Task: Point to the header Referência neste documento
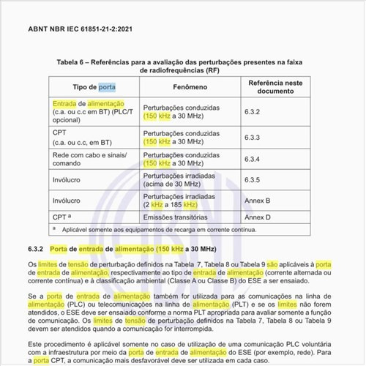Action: point(274,87)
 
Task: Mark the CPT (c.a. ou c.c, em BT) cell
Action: point(82,137)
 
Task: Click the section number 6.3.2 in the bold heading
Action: point(37,249)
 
